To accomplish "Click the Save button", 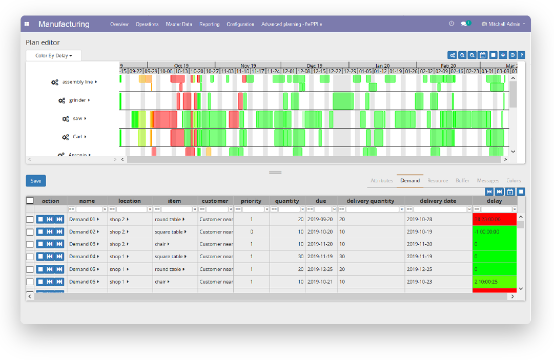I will point(36,181).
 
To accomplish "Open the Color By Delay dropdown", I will point(53,55).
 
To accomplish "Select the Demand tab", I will point(410,181).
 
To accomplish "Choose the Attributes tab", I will point(382,181).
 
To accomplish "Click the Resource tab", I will point(438,181).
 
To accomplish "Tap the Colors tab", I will point(514,181).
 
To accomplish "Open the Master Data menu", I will point(179,24).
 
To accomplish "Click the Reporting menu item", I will point(209,24).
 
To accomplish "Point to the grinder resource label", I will point(77,100).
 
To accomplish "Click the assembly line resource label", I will point(77,82).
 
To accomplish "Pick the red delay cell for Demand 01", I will point(494,219).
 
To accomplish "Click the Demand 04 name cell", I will point(83,257).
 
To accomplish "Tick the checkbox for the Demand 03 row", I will point(30,244).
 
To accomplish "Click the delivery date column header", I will point(438,201).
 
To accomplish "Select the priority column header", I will point(251,201).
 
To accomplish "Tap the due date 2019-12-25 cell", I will point(320,269).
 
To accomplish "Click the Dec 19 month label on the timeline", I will point(315,66).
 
